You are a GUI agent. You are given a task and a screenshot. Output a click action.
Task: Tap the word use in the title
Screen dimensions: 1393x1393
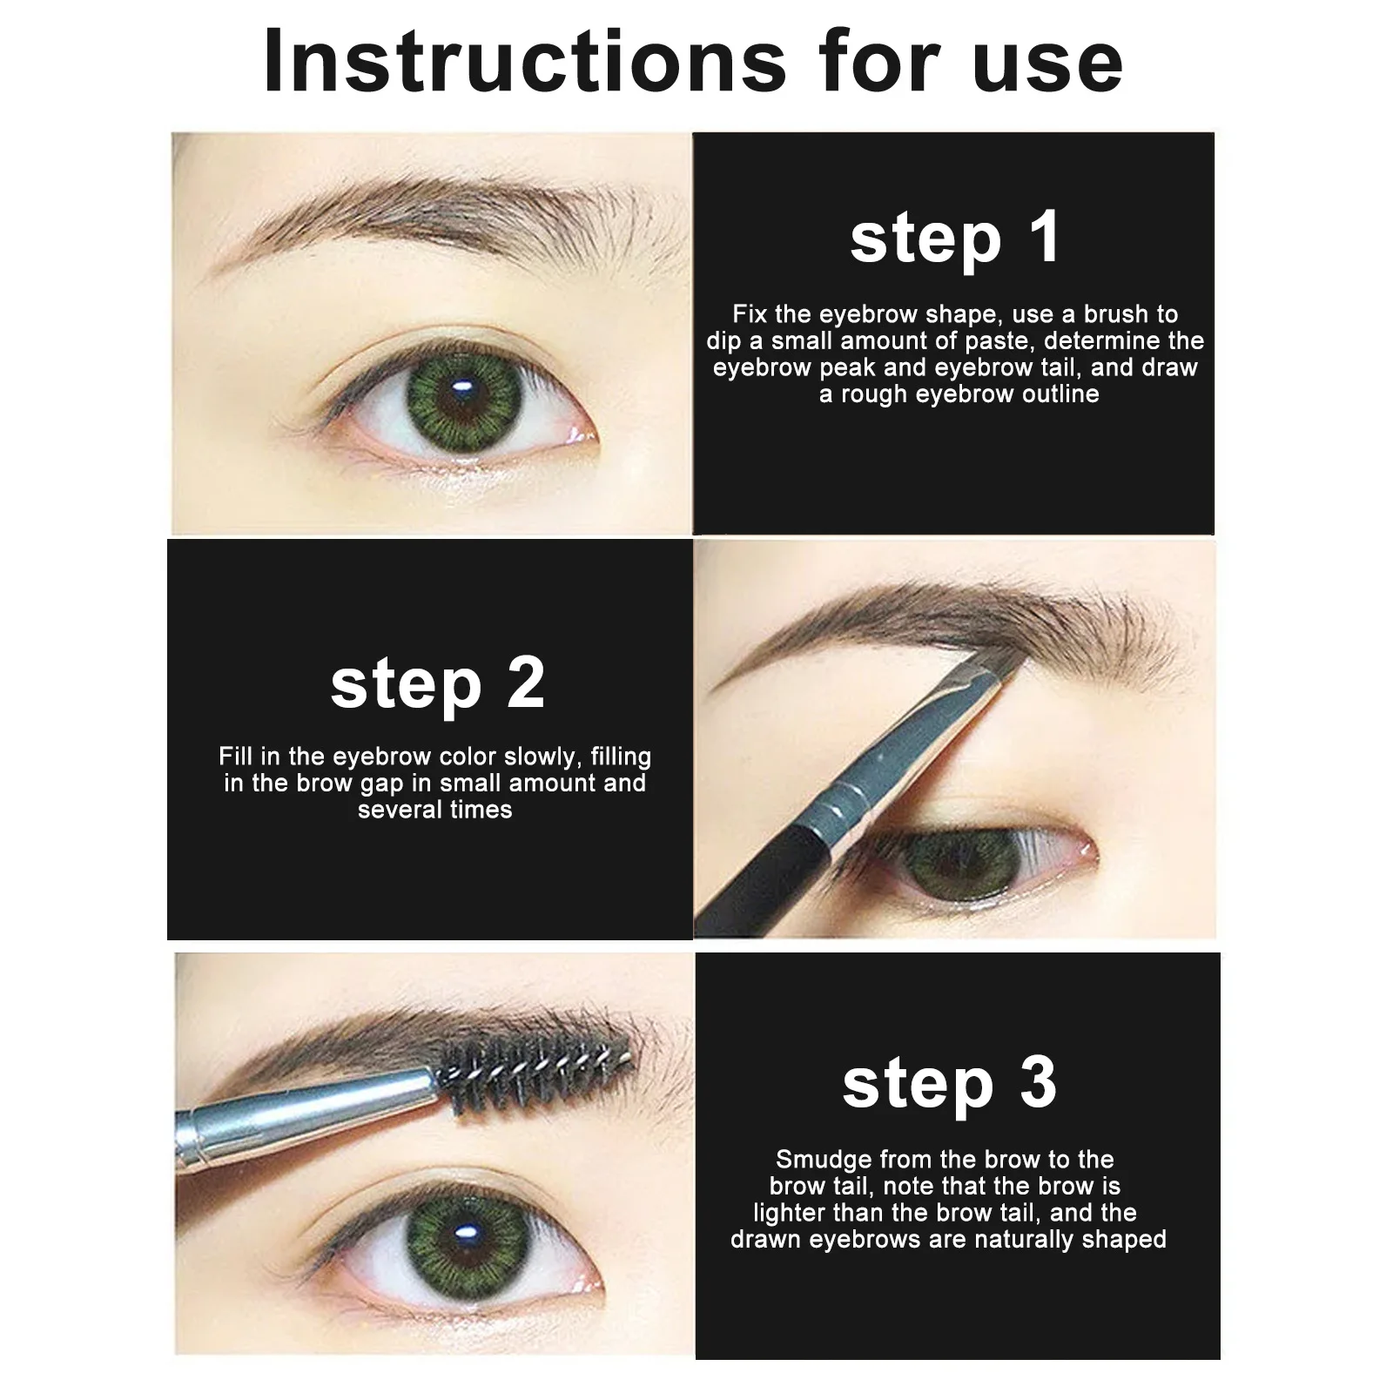[x=1048, y=63]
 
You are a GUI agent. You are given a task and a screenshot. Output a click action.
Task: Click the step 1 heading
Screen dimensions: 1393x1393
[x=955, y=238]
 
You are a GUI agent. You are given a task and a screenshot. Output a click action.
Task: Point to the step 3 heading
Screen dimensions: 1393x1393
[x=949, y=1084]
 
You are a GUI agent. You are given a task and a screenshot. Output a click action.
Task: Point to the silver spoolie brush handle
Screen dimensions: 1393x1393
[x=305, y=1106]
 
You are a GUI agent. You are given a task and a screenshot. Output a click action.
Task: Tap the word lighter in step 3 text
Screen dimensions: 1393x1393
[x=790, y=1213]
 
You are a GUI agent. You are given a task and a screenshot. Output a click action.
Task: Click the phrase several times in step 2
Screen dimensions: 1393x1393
[x=434, y=810]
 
